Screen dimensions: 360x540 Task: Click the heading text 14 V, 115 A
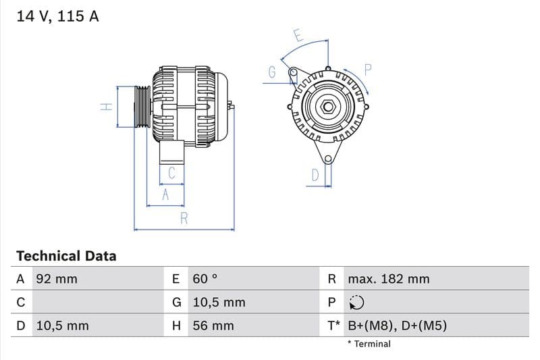point(57,16)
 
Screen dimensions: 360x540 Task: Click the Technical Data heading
point(66,256)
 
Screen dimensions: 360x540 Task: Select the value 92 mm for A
point(56,279)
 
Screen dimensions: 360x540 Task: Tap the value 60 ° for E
point(205,279)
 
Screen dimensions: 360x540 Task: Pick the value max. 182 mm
point(388,279)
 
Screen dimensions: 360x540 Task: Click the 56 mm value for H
point(213,326)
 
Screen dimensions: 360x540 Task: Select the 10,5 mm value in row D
point(61,326)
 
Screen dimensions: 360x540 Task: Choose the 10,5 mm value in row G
point(219,303)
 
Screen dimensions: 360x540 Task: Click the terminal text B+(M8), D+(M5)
point(397,326)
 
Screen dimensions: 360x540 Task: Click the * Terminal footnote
point(369,344)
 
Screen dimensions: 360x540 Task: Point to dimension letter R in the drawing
point(184,218)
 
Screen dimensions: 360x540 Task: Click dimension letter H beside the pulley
point(105,107)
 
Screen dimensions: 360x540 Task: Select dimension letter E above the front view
point(297,34)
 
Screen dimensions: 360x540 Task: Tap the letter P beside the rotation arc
point(368,69)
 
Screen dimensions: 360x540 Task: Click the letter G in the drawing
point(272,72)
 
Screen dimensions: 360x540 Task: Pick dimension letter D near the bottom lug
point(315,176)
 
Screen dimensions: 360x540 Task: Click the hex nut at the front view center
point(328,107)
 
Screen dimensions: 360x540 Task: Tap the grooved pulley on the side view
point(142,107)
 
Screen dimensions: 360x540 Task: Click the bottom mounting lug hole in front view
point(328,159)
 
